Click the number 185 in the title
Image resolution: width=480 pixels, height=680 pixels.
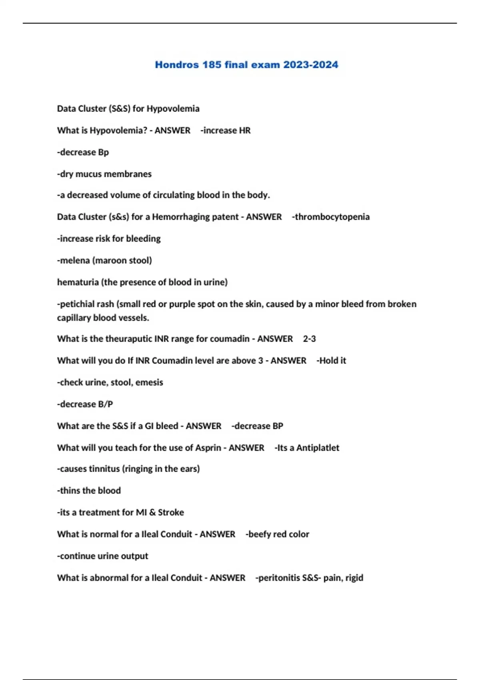(x=212, y=65)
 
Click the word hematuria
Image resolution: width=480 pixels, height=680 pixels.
(x=78, y=282)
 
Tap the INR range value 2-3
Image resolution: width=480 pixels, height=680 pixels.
(x=309, y=339)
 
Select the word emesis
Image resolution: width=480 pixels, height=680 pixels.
(x=149, y=382)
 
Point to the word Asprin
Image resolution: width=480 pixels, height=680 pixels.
(x=208, y=448)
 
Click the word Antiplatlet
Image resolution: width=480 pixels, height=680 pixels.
(x=318, y=448)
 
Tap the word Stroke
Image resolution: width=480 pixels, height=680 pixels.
(x=171, y=512)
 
